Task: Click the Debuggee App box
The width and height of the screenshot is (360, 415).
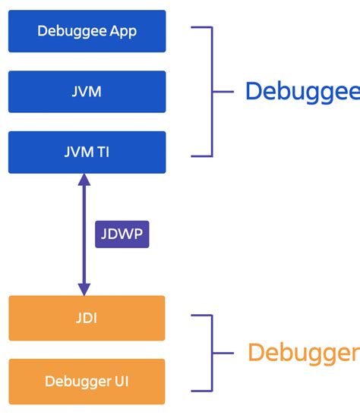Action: (87, 31)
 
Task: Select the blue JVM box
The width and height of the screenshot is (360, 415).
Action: (87, 92)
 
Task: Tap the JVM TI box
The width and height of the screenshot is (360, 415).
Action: (87, 152)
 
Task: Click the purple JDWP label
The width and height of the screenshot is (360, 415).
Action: (122, 234)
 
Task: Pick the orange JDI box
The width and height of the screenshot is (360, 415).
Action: (87, 318)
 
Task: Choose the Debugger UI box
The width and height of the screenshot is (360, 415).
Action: (87, 381)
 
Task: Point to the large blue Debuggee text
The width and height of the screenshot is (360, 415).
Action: (302, 92)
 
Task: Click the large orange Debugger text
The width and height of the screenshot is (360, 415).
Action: (302, 353)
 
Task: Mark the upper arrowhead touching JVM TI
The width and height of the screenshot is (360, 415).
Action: (84, 181)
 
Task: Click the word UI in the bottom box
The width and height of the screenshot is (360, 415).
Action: (120, 381)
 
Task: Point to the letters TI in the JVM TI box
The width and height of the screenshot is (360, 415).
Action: (102, 152)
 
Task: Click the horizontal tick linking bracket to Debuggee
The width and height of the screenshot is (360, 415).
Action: (223, 92)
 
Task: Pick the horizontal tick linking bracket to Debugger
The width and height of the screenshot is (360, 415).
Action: (223, 353)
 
